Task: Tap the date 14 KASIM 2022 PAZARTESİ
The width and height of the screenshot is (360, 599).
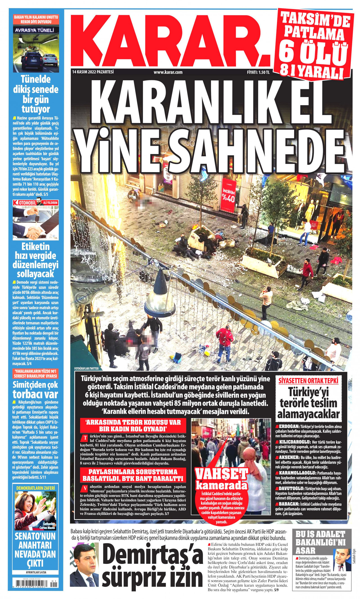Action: [x=93, y=72]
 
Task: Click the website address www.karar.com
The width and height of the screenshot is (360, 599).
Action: [x=168, y=72]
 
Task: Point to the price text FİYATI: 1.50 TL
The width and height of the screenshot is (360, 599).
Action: [x=258, y=72]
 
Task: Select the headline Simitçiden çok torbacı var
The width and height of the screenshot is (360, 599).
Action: [x=35, y=389]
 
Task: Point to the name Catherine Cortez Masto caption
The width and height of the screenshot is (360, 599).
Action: [x=49, y=526]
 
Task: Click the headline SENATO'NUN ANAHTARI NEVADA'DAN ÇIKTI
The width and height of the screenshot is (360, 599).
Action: [x=35, y=550]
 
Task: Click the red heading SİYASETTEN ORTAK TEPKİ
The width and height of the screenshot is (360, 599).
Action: [x=308, y=381]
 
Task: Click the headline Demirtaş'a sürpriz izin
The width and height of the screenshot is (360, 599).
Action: [x=152, y=566]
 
